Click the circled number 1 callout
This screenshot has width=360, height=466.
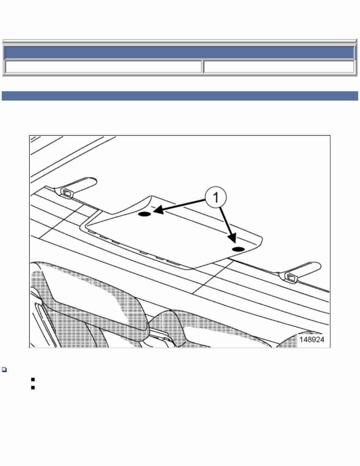(216, 198)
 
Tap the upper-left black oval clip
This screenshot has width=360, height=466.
(144, 214)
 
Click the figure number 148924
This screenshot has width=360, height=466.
(312, 340)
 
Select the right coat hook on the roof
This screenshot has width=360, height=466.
(302, 270)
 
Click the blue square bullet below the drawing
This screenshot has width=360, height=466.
(4, 370)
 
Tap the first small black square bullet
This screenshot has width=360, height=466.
(33, 380)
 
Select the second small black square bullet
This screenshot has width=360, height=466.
(33, 388)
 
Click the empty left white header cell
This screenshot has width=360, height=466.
(103, 67)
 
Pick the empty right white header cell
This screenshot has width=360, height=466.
(278, 67)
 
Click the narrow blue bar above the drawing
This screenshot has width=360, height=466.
(180, 96)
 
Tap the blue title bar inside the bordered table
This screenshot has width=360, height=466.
(180, 53)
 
